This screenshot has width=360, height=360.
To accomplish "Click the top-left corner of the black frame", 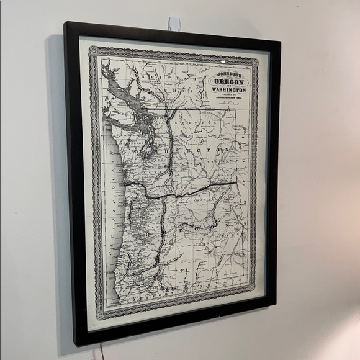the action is point(65,23).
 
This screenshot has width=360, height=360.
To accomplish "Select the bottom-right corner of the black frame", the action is point(276,303).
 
